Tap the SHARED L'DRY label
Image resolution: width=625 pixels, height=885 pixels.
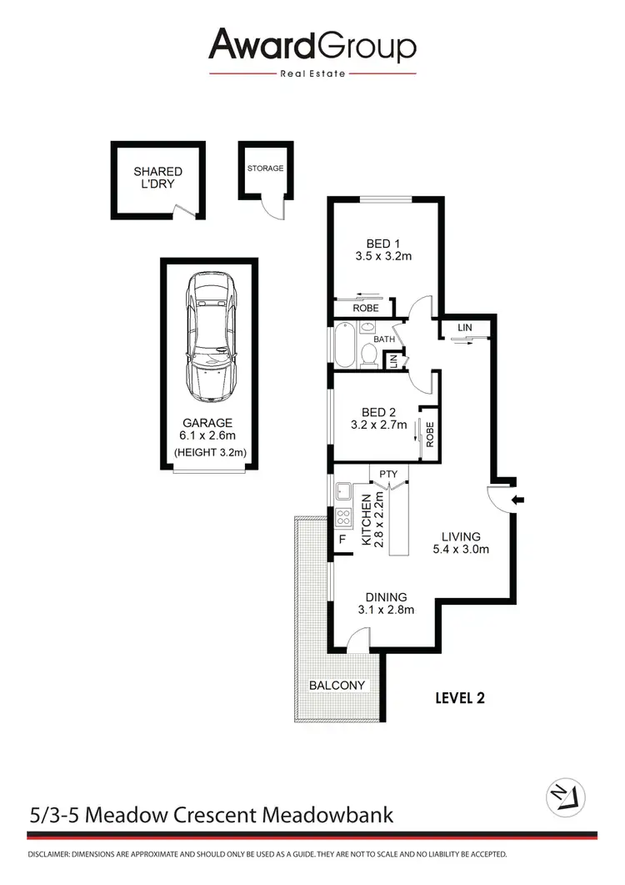(157, 178)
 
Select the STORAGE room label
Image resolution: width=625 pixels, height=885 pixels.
(265, 168)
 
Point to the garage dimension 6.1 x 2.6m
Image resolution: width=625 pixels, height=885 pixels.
(208, 436)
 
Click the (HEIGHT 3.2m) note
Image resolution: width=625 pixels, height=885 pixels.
(208, 454)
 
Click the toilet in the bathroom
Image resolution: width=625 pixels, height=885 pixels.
(369, 354)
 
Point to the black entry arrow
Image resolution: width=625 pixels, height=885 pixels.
(518, 500)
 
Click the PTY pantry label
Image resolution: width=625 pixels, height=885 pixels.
(388, 475)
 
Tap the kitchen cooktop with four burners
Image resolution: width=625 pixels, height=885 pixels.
(344, 518)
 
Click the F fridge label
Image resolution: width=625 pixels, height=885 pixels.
(342, 540)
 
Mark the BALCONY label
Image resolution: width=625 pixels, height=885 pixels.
(337, 686)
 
